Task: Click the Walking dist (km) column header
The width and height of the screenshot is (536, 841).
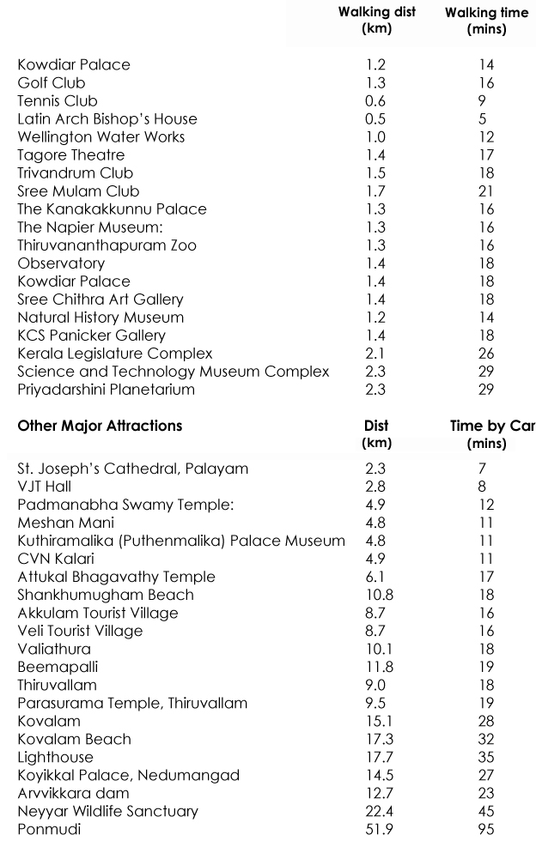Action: point(376,21)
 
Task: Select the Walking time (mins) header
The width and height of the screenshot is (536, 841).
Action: point(486,21)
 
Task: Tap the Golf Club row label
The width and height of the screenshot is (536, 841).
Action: point(52,83)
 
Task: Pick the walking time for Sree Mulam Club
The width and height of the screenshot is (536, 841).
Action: point(485,191)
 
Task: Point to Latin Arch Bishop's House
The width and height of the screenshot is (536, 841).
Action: point(107,119)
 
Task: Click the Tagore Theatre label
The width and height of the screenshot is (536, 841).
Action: point(71,155)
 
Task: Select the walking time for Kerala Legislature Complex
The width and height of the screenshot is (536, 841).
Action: point(485,354)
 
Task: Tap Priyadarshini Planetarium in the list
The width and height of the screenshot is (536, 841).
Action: point(107,390)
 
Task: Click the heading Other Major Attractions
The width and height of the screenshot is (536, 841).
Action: point(100,425)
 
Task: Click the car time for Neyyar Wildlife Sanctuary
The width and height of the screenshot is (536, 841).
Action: point(485,811)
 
